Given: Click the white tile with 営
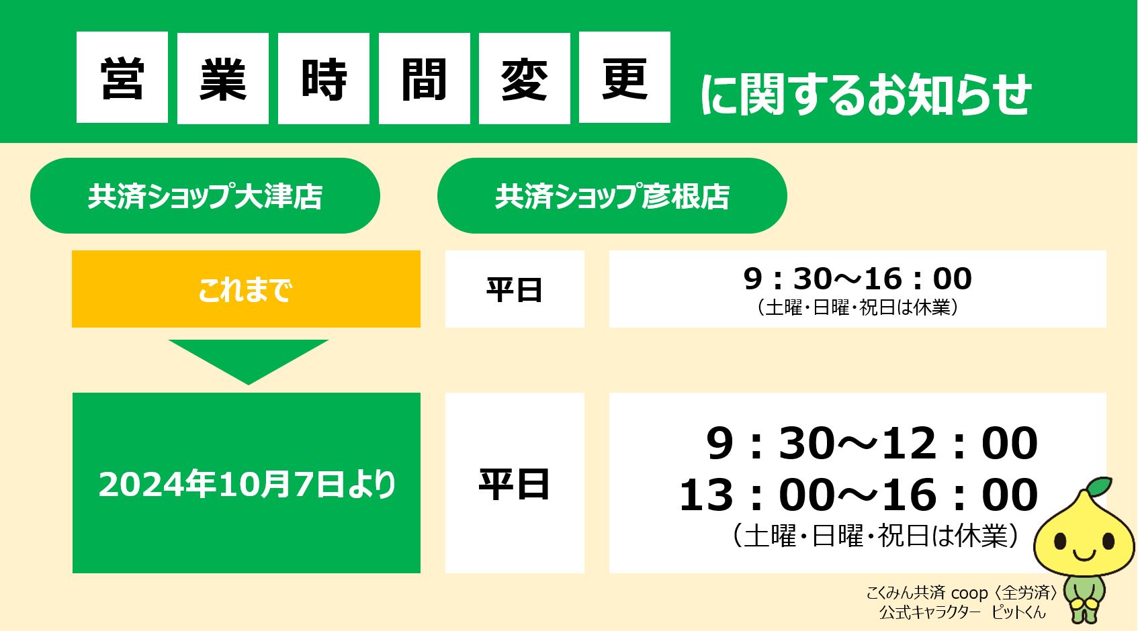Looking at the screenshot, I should (x=122, y=77).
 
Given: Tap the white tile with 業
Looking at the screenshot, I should (x=222, y=77).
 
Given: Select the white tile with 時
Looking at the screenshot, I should (x=323, y=77).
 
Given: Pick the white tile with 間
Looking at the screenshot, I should (x=424, y=77).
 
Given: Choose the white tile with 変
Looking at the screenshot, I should (x=524, y=77).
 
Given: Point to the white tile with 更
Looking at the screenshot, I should (x=624, y=77).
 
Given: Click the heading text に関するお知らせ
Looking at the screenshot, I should (x=865, y=95).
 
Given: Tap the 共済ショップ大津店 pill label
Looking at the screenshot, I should (x=205, y=196).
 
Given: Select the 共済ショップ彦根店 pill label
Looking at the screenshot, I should (x=612, y=196).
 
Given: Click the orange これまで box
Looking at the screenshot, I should (x=246, y=289).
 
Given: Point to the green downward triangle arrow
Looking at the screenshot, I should (x=248, y=358).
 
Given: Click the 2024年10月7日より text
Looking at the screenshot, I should (x=247, y=484).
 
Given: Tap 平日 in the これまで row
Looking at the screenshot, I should (x=515, y=289).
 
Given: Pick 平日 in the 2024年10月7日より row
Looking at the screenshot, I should (x=515, y=484).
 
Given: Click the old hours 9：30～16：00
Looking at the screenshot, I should (x=857, y=279).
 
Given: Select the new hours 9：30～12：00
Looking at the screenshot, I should (x=871, y=443).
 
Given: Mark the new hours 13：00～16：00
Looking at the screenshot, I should (x=858, y=495).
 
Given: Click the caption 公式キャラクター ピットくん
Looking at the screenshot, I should (x=962, y=612).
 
